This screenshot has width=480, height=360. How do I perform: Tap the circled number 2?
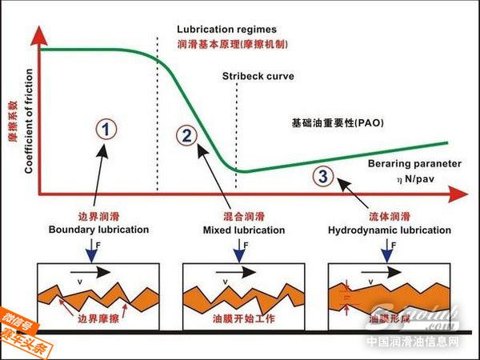187,134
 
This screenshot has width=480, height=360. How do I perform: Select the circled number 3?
322,177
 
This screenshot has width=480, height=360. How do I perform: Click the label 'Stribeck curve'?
258,77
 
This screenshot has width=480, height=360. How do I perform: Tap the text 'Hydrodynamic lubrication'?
390,230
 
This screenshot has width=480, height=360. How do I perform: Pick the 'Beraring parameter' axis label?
417,163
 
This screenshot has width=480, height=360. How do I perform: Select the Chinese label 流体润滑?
390,216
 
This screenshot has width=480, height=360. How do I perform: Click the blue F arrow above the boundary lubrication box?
91,251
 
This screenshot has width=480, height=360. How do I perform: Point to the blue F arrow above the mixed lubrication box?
237,251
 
